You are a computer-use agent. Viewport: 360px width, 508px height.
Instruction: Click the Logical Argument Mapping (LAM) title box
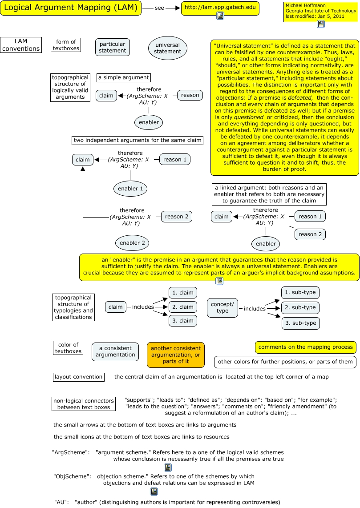[x=71, y=8]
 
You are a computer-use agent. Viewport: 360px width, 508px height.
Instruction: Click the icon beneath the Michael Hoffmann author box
[x=320, y=24]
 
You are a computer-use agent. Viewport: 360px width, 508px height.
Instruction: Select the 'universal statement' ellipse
[x=168, y=48]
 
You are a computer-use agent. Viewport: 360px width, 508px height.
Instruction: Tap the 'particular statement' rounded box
[x=113, y=47]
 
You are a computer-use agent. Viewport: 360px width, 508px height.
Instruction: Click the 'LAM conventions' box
[x=21, y=45]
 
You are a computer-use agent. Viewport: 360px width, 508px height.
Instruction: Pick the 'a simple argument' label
[x=123, y=77]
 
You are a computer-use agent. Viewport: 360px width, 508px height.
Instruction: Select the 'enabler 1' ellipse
[x=130, y=189]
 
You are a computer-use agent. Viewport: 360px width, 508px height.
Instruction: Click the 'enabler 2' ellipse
[x=132, y=243]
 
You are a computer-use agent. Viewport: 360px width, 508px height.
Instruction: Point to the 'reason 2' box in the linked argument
[x=310, y=234]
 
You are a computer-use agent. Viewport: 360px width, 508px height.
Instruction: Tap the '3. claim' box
[x=183, y=321]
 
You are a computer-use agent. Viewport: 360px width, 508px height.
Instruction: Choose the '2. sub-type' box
[x=300, y=307]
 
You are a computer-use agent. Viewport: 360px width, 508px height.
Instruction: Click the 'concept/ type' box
[x=222, y=307]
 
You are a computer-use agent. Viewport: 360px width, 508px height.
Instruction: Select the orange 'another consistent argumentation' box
[x=176, y=355]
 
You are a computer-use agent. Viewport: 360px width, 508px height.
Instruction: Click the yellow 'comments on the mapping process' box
[x=306, y=347]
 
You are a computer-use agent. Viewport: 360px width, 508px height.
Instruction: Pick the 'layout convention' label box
[x=78, y=377]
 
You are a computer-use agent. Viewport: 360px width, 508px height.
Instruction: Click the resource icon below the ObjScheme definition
[x=154, y=492]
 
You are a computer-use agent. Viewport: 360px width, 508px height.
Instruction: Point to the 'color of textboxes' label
[x=68, y=348]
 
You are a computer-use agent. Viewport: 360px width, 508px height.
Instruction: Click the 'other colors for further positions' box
[x=285, y=362]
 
